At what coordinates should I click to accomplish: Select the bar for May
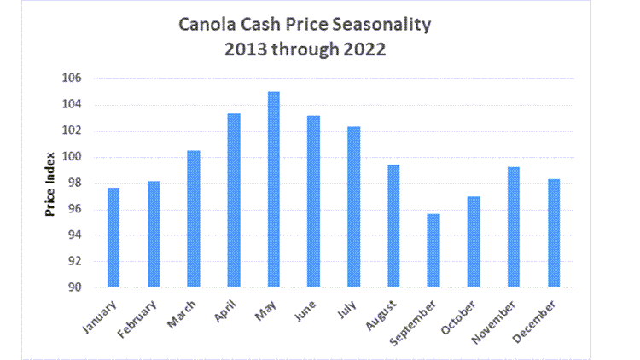[x=273, y=189]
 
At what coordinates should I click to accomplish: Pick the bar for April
[x=233, y=200]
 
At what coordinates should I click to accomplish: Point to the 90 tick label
[x=74, y=287]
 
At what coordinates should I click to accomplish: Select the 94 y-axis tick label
[x=74, y=235]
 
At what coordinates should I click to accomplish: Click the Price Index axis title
[x=50, y=183]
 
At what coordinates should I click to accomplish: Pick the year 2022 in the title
[x=364, y=49]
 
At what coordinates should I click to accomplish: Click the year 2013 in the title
[x=247, y=49]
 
